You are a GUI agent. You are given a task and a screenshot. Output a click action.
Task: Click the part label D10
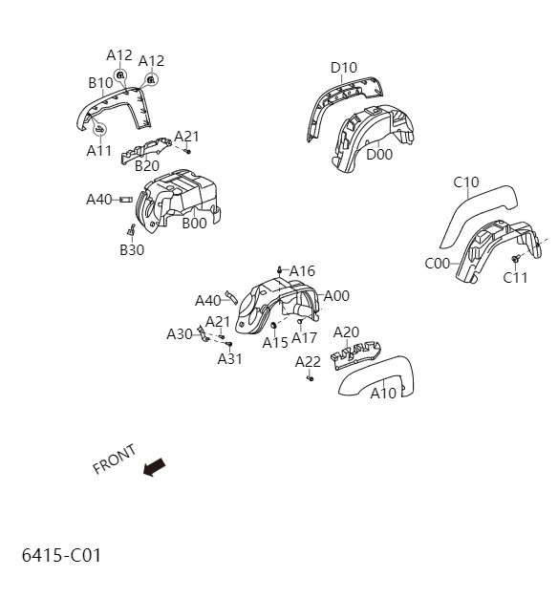(x=344, y=68)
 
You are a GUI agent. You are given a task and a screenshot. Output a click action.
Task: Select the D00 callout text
(x=379, y=154)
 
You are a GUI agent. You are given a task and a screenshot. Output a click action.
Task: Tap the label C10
(x=466, y=182)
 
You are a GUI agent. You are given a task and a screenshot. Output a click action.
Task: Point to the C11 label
(x=516, y=278)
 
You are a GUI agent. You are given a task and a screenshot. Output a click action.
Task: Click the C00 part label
(x=438, y=264)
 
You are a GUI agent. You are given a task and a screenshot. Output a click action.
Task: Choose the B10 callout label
(x=101, y=83)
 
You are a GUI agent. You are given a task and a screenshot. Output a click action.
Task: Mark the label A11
(x=99, y=151)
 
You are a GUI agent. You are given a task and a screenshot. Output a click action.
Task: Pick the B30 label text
(x=132, y=250)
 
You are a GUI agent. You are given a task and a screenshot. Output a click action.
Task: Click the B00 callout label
(x=194, y=224)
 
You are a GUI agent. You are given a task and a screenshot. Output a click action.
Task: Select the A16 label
(x=302, y=271)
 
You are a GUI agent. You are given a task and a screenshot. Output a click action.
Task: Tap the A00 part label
(x=336, y=296)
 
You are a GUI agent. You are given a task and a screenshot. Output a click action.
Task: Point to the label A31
(x=230, y=359)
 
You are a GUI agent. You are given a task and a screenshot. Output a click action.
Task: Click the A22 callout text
(x=308, y=361)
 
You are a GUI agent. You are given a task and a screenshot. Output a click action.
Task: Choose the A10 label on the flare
(x=383, y=393)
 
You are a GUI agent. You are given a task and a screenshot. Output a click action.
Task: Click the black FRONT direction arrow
(x=153, y=467)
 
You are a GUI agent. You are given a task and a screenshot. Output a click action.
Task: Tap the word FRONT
(x=114, y=459)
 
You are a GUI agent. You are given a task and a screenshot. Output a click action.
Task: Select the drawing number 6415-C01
(x=61, y=555)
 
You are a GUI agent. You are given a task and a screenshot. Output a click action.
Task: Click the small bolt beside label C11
(x=516, y=260)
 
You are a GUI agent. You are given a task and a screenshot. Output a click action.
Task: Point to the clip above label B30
(x=132, y=230)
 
